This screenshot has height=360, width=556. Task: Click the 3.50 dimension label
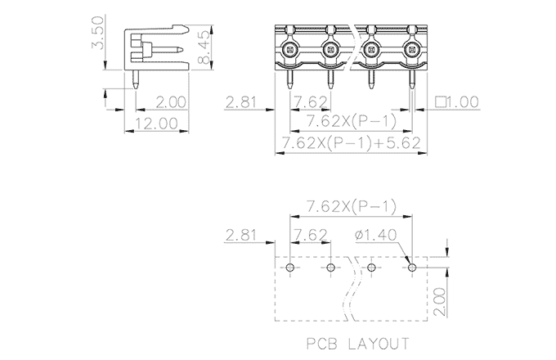pos(97,33)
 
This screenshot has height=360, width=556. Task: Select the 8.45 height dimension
pos(204,47)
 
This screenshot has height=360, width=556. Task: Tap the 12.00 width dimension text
pos(156,124)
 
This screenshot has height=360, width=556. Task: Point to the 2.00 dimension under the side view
pos(171,102)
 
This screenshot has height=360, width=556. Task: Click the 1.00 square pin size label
pos(457,102)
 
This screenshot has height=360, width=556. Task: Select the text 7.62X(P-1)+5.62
pos(351,143)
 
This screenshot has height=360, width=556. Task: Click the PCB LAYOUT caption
pos(358,344)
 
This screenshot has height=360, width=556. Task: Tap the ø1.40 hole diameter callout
pos(375,235)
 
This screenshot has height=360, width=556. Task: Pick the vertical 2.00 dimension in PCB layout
pos(440,301)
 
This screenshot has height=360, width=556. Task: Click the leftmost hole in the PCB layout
pos(290,267)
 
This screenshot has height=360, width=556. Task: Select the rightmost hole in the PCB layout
pos(411,267)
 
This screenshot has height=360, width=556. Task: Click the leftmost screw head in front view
pos(290,50)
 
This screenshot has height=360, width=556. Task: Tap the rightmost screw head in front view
pos(411,50)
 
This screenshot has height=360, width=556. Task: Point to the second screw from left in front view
pos(330,50)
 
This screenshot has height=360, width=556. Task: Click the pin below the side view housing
pos(136,79)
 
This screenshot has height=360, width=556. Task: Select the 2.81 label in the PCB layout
pos(240,235)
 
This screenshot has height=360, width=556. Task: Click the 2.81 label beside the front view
pos(240,102)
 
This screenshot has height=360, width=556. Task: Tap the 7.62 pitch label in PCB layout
pos(311,235)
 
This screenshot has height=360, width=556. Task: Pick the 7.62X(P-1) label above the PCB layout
pos(351,206)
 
